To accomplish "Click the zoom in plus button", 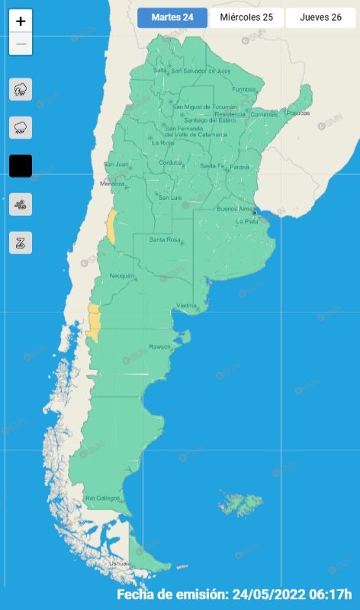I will click(x=21, y=21).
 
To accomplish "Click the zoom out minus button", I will click(x=21, y=44).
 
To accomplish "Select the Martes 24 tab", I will click(x=172, y=18).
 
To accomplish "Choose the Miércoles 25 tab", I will click(x=246, y=18).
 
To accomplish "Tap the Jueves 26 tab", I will click(x=320, y=18).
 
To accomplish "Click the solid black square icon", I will click(x=21, y=165).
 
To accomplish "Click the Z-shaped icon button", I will click(x=21, y=243).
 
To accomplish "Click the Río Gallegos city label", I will click(x=102, y=498).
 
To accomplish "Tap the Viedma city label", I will click(x=187, y=306).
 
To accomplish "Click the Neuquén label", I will click(x=121, y=275).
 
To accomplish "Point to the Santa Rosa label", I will click(x=164, y=240).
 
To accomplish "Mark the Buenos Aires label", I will click(x=234, y=208).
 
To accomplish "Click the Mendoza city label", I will click(x=112, y=184).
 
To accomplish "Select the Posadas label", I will click(x=298, y=113).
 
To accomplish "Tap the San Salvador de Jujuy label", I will click(x=201, y=71).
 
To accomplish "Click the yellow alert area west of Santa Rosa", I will click(x=111, y=227).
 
